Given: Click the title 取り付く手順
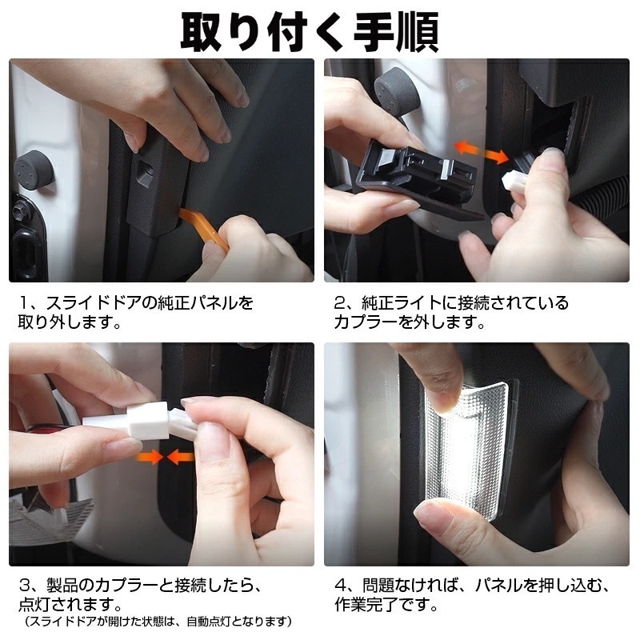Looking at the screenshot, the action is [310, 32].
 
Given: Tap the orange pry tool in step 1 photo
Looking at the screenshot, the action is [204, 228].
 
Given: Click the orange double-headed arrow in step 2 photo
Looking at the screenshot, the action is [482, 152].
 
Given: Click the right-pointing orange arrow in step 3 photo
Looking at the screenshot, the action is [150, 457].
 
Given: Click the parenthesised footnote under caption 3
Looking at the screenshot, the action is [158, 622].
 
